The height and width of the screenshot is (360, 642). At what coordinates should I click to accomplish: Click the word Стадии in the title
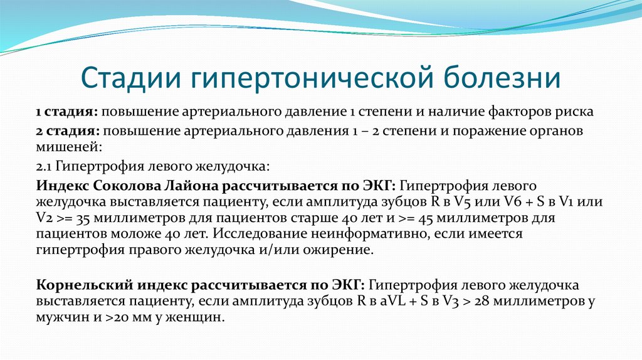tap(131, 77)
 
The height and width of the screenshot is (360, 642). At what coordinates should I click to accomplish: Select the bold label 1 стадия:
tap(66, 112)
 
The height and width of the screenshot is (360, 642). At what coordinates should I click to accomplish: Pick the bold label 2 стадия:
tap(68, 131)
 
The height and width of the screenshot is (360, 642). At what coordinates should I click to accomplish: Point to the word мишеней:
tap(69, 147)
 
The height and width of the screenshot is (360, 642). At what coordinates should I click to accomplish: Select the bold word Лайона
tap(192, 186)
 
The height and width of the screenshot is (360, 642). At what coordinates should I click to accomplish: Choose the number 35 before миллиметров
tap(83, 218)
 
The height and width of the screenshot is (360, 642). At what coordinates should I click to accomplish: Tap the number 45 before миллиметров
tap(426, 218)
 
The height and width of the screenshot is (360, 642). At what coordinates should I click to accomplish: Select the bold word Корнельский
tap(85, 285)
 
